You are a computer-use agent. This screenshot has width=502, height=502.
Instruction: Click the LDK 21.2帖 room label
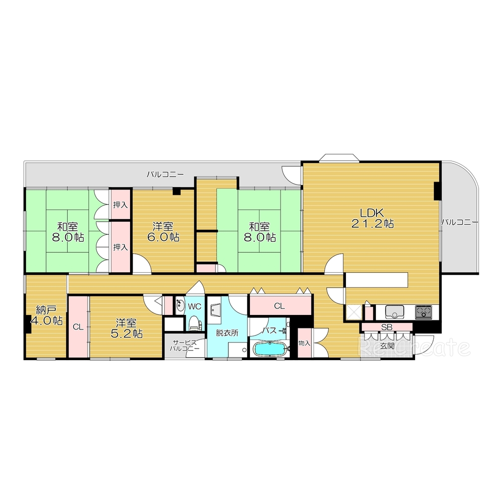point(372,218)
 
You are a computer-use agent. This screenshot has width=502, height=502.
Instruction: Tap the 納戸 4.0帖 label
point(47,315)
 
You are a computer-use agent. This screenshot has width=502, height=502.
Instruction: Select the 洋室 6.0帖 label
point(163,232)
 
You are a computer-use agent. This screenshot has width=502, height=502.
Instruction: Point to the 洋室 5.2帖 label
point(127,328)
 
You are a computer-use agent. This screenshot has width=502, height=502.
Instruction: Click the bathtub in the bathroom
point(269,349)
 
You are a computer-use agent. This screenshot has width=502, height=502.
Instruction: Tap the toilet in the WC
point(194,323)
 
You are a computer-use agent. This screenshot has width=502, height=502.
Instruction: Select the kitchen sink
point(395,312)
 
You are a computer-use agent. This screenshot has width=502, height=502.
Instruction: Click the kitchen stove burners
point(424,312)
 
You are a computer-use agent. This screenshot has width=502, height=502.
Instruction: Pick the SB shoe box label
point(387,327)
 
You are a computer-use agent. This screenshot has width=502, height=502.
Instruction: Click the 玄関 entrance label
point(387,346)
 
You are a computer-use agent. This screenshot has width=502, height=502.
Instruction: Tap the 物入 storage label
point(304,343)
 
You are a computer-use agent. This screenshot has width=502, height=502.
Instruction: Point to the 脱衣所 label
point(227,333)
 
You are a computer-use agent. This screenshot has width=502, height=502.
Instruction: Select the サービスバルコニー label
point(184,346)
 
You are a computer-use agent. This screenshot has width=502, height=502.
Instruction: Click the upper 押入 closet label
point(120,205)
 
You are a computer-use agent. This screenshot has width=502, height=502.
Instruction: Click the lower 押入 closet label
point(120,247)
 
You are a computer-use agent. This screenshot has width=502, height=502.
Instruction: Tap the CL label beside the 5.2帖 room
point(78,327)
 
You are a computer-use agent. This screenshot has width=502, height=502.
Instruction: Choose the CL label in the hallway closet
point(279,306)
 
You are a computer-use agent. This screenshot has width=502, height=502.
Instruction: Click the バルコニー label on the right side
point(460,222)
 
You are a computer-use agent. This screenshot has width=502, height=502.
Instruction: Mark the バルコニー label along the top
point(165,175)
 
